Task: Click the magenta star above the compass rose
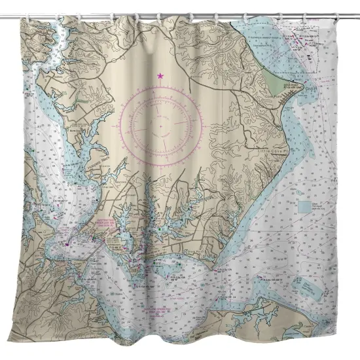coord(160,77)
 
